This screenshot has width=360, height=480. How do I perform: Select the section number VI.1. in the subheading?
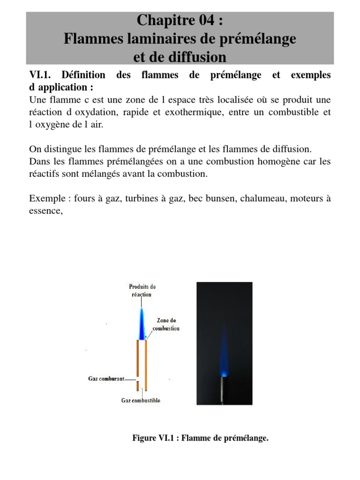point(42,75)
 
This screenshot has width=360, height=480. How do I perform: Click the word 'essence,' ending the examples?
point(45,210)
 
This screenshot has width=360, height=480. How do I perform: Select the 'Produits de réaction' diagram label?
point(142,290)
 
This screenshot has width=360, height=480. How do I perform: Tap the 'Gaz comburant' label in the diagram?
point(106,379)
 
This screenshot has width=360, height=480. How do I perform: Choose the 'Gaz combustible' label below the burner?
point(141,401)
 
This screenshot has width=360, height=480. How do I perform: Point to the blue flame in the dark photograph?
point(224,356)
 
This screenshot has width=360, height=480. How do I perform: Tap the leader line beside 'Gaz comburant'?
point(131,379)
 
